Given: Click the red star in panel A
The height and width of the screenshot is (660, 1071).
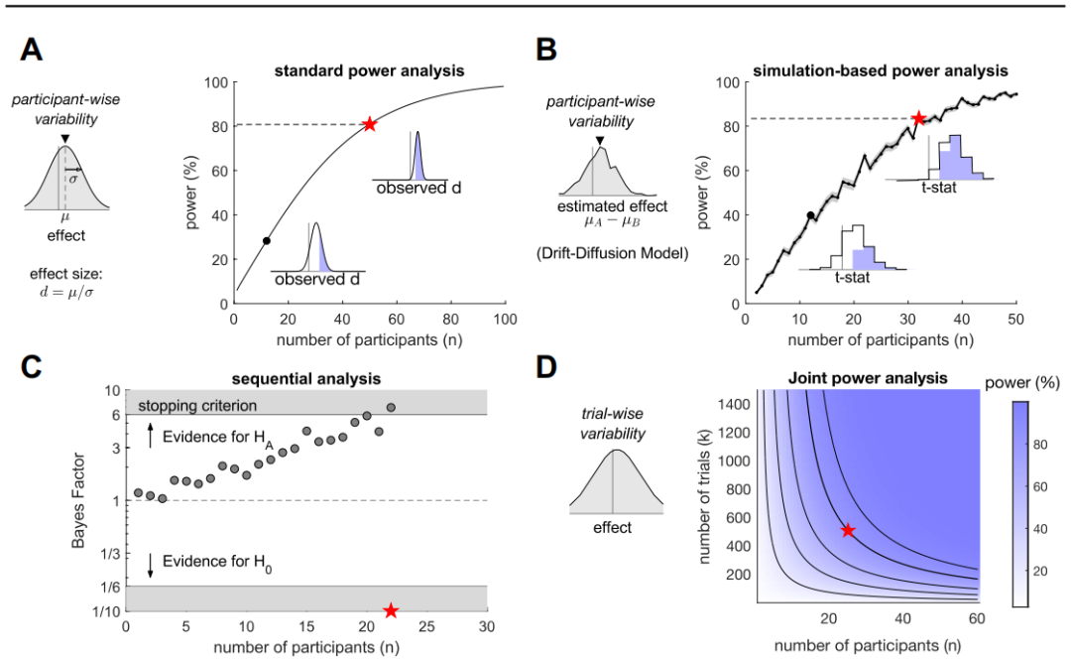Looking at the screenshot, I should (x=370, y=124).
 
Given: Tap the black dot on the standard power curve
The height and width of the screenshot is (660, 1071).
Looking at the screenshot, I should (x=266, y=241).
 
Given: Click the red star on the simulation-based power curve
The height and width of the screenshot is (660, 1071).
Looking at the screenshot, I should (x=919, y=119).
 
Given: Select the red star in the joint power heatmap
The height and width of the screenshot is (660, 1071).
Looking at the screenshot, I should (x=848, y=531).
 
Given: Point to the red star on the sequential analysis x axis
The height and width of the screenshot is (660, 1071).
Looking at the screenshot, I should (x=391, y=610).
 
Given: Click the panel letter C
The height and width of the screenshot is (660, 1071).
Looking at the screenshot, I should (x=33, y=365).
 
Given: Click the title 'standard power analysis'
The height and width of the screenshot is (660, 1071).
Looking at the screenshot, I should (x=369, y=71).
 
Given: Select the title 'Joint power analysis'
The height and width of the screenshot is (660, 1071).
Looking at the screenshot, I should (x=870, y=378).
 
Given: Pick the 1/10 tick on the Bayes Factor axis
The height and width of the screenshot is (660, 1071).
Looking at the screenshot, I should (x=106, y=610).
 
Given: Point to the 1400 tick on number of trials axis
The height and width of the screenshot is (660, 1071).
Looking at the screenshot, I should (x=731, y=403).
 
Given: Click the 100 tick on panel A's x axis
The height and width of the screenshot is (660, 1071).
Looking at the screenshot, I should (x=506, y=321).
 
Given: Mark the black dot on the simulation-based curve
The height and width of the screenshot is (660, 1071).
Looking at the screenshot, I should (x=810, y=215).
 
